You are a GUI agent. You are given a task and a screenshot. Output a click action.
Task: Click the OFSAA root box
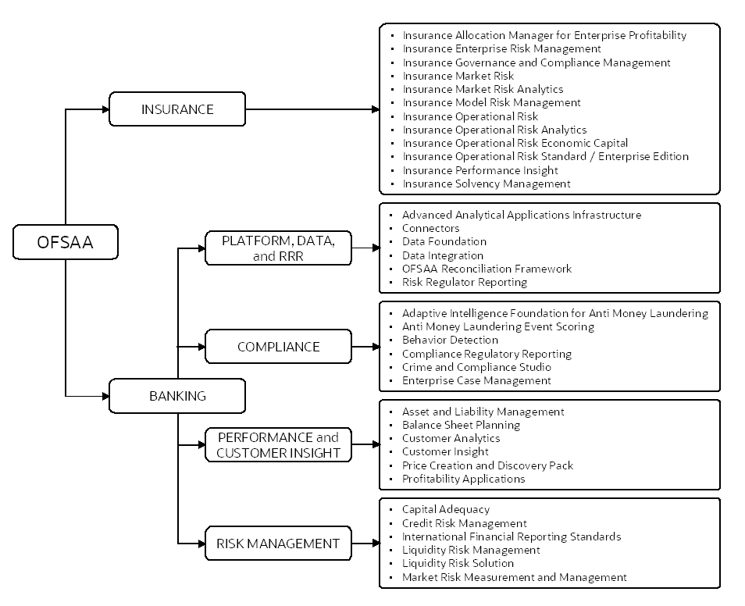click(65, 242)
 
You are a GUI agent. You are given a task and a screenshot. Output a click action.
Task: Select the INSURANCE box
click(177, 109)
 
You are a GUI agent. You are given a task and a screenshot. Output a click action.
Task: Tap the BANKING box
click(177, 396)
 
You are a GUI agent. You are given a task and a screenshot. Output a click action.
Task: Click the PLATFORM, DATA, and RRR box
click(278, 248)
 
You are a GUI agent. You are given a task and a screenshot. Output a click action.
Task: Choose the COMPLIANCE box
click(278, 347)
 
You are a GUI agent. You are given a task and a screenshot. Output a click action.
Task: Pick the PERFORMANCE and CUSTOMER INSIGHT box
click(278, 444)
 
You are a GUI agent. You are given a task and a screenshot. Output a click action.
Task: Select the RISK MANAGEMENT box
click(278, 544)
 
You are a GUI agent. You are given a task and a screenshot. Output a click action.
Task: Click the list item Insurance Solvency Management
click(486, 184)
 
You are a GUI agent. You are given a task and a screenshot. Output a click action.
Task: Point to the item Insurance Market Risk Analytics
click(483, 89)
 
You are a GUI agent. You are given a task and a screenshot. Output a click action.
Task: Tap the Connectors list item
click(430, 228)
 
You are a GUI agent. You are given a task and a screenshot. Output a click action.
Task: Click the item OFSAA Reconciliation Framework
click(487, 269)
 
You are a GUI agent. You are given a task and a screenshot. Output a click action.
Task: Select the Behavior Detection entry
click(450, 340)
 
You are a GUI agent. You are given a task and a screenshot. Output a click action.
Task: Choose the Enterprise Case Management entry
click(476, 381)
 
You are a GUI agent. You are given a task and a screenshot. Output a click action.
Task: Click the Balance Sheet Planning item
click(461, 426)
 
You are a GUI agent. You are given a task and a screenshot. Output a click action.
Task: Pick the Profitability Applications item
click(463, 479)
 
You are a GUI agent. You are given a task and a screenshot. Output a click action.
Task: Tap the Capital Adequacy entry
click(446, 510)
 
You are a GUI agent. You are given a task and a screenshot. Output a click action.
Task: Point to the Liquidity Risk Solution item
click(458, 563)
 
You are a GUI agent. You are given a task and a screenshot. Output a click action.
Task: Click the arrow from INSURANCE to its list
click(312, 109)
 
